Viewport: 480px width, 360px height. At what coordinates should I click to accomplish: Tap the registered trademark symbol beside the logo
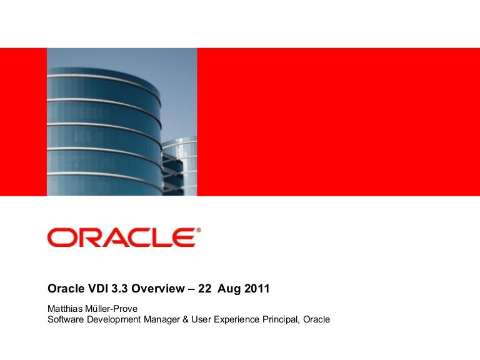pyautogui.click(x=199, y=231)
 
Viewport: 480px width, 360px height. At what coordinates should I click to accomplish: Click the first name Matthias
pyautogui.click(x=66, y=308)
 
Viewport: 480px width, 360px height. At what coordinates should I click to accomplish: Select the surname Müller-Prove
pyautogui.click(x=111, y=308)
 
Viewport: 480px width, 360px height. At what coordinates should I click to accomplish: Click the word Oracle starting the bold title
pyautogui.click(x=63, y=289)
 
